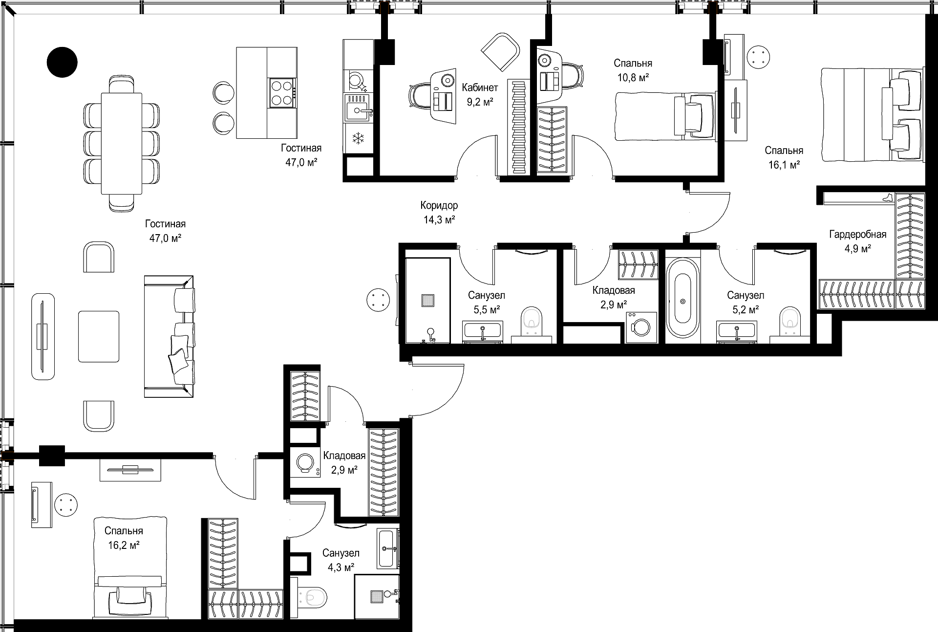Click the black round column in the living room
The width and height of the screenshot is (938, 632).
click(62, 62)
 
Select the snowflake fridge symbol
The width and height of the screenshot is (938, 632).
click(359, 138)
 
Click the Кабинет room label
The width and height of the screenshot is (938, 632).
click(480, 87)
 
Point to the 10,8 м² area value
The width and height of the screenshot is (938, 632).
click(633, 78)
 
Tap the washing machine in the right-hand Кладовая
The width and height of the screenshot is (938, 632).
click(641, 327)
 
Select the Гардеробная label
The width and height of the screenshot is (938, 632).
click(858, 235)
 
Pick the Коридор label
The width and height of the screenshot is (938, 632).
click(439, 205)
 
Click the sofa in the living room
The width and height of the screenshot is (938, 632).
click(169, 337)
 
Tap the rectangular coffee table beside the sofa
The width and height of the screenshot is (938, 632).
click(99, 336)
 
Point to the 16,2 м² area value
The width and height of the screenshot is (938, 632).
click(124, 545)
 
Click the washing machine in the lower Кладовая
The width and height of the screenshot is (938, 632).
click(305, 463)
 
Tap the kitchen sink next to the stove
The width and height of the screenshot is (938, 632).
click(359, 108)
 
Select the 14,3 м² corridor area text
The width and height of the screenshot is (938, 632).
click(439, 220)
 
